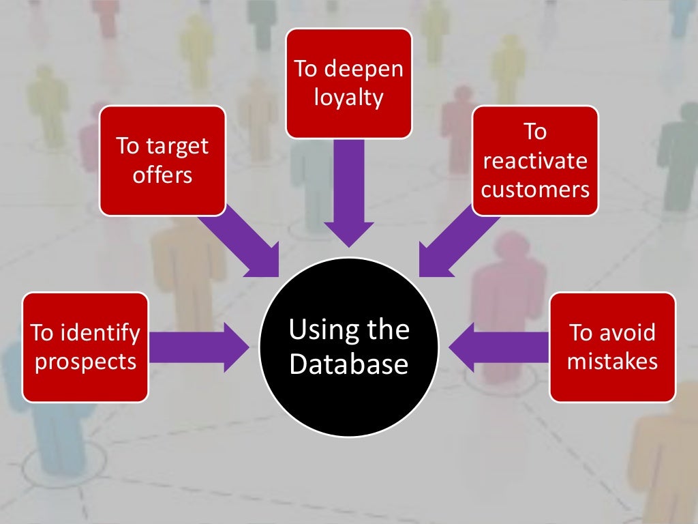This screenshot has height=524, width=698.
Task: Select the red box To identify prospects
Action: pos(85,347)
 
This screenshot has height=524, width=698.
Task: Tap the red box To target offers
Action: pos(162,160)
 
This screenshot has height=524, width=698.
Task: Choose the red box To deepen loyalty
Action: pos(348,83)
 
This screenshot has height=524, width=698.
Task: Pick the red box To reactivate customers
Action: pos(535,160)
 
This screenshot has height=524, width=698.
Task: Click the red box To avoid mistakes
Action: pos(612,347)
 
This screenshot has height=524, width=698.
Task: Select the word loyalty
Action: pos(348,98)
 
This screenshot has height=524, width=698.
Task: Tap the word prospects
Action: pos(85,362)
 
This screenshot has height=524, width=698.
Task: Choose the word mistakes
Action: pos(612,361)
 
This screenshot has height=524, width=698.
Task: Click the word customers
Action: pos(535,189)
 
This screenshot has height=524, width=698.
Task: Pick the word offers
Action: pos(162,175)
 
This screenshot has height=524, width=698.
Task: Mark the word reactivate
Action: pos(535,161)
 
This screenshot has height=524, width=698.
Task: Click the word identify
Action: pos(100,333)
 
